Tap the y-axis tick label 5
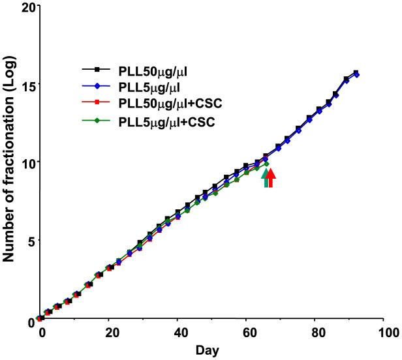(x=28, y=241)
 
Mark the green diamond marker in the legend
(x=97, y=120)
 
